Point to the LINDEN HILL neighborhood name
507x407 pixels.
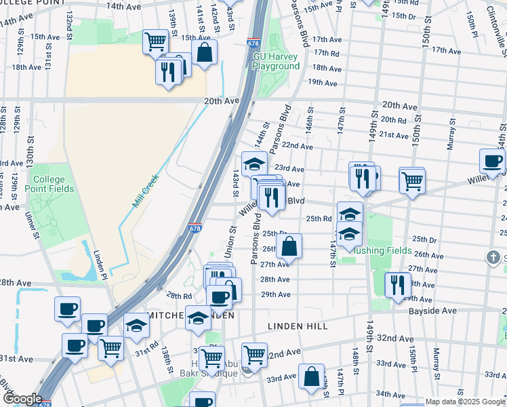tap(298, 326)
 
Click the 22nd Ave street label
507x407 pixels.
tap(298, 146)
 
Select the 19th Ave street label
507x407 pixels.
tap(323, 83)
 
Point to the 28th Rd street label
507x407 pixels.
tap(180, 296)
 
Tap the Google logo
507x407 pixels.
tap(22, 399)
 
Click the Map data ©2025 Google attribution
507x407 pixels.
tap(464, 402)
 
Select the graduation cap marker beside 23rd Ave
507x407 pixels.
tap(254, 163)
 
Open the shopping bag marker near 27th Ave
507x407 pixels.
tap(289, 246)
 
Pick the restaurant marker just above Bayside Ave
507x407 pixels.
tap(397, 284)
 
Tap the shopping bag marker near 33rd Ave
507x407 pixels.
tap(310, 378)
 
